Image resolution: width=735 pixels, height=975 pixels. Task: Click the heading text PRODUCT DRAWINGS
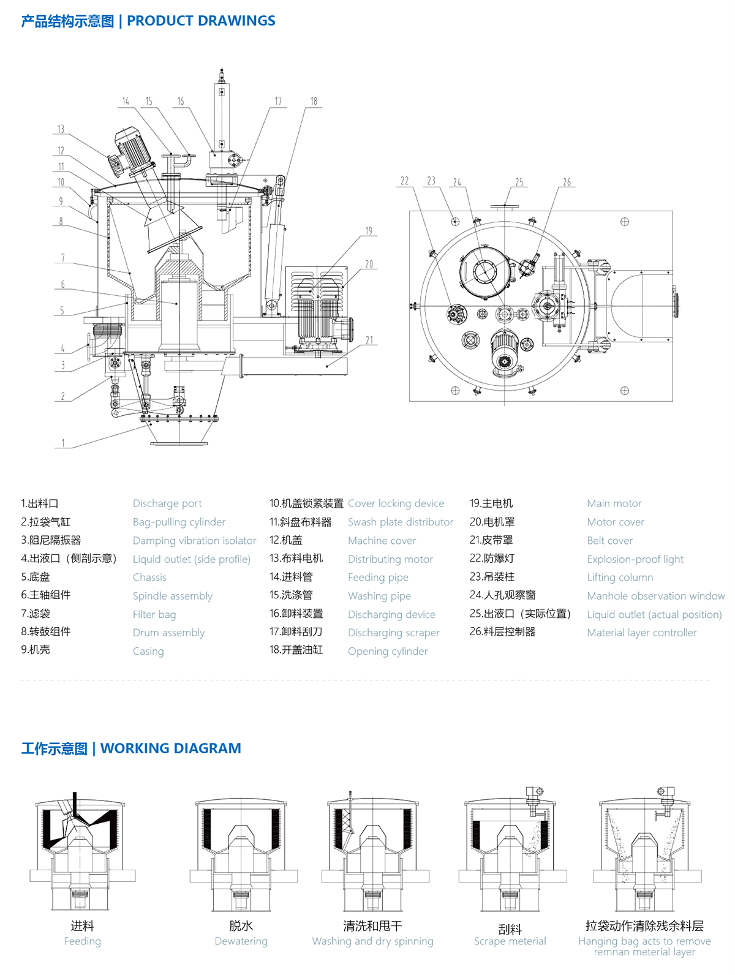[201, 21]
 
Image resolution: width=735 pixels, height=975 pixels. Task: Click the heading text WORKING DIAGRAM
[170, 748]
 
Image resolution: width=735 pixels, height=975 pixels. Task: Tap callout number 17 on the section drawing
[278, 101]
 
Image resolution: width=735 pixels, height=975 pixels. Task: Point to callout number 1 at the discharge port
[62, 443]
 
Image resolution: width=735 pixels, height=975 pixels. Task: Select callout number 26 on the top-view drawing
[567, 182]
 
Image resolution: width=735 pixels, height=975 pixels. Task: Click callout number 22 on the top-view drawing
[404, 181]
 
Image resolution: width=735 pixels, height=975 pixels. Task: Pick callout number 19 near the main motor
[369, 231]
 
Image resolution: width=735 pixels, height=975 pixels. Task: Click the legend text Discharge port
[167, 503]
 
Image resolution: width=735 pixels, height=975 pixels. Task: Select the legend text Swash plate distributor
[401, 522]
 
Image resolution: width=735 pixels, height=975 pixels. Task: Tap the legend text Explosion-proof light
[635, 559]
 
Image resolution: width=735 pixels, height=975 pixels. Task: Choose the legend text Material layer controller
[642, 633]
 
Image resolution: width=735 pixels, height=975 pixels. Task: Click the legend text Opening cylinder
[388, 651]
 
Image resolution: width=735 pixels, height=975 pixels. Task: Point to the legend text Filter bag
[154, 614]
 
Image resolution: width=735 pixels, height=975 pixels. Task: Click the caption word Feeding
[83, 941]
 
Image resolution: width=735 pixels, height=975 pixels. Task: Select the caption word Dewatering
[241, 941]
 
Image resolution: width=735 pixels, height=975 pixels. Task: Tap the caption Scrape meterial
[510, 941]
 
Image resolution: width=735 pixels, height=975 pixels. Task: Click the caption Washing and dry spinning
[372, 941]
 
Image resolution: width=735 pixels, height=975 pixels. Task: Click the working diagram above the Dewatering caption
[241, 854]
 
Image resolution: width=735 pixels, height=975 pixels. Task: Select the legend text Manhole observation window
[655, 596]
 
